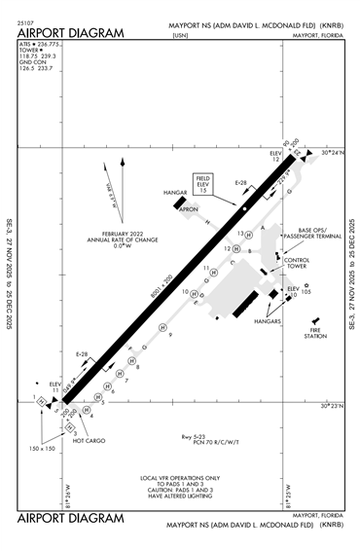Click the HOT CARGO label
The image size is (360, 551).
[x=89, y=441]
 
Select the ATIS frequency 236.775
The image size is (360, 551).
[x=48, y=45]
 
